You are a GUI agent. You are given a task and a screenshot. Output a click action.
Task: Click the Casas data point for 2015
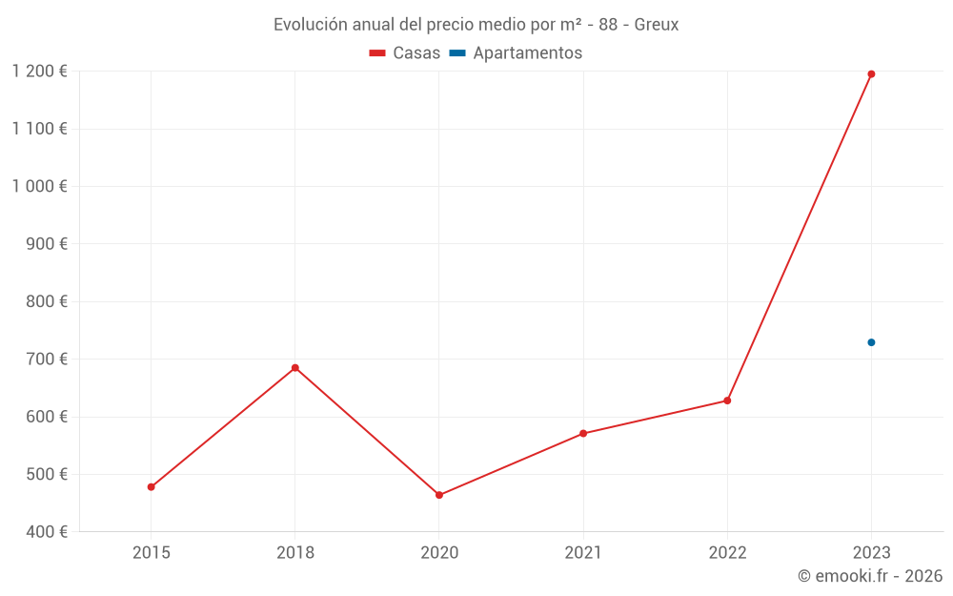pyautogui.click(x=152, y=487)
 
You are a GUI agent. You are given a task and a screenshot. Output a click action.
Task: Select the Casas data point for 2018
pyautogui.click(x=295, y=368)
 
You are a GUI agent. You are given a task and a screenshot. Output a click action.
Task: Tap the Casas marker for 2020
pyautogui.click(x=439, y=495)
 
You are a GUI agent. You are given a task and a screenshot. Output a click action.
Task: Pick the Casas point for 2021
pyautogui.click(x=583, y=434)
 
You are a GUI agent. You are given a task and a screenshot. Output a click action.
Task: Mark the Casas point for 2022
pyautogui.click(x=727, y=401)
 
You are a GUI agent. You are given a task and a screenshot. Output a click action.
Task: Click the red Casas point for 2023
pyautogui.click(x=871, y=74)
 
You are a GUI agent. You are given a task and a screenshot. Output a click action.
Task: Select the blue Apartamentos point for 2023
pyautogui.click(x=871, y=342)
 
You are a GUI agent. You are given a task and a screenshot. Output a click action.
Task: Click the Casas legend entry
pyautogui.click(x=405, y=53)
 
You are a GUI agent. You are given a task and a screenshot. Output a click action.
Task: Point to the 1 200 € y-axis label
pyautogui.click(x=39, y=71)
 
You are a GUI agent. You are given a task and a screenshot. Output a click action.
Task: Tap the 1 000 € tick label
pyautogui.click(x=39, y=186)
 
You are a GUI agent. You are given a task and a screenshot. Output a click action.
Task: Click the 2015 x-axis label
pyautogui.click(x=152, y=552)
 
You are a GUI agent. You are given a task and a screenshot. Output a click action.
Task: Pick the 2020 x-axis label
pyautogui.click(x=439, y=552)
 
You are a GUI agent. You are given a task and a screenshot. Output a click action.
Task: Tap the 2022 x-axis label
pyautogui.click(x=727, y=552)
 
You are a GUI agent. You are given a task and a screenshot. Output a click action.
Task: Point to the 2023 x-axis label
pyautogui.click(x=871, y=552)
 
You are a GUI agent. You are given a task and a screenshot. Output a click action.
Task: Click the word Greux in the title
pyautogui.click(x=657, y=25)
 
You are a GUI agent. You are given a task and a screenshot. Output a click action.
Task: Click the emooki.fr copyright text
pyautogui.click(x=870, y=576)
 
